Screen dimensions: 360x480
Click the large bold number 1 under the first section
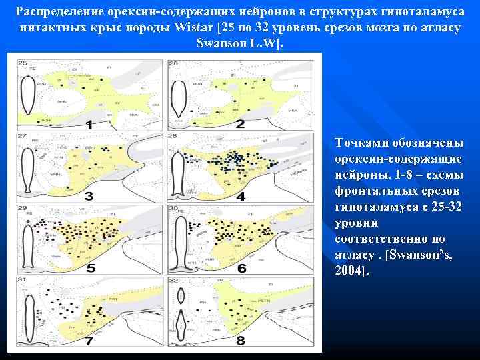pos(89,124)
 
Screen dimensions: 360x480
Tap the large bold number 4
pos(241,197)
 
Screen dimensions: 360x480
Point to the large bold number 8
pos(241,340)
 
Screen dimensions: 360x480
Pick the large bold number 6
pos(241,269)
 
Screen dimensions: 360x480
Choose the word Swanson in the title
pos(221,44)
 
